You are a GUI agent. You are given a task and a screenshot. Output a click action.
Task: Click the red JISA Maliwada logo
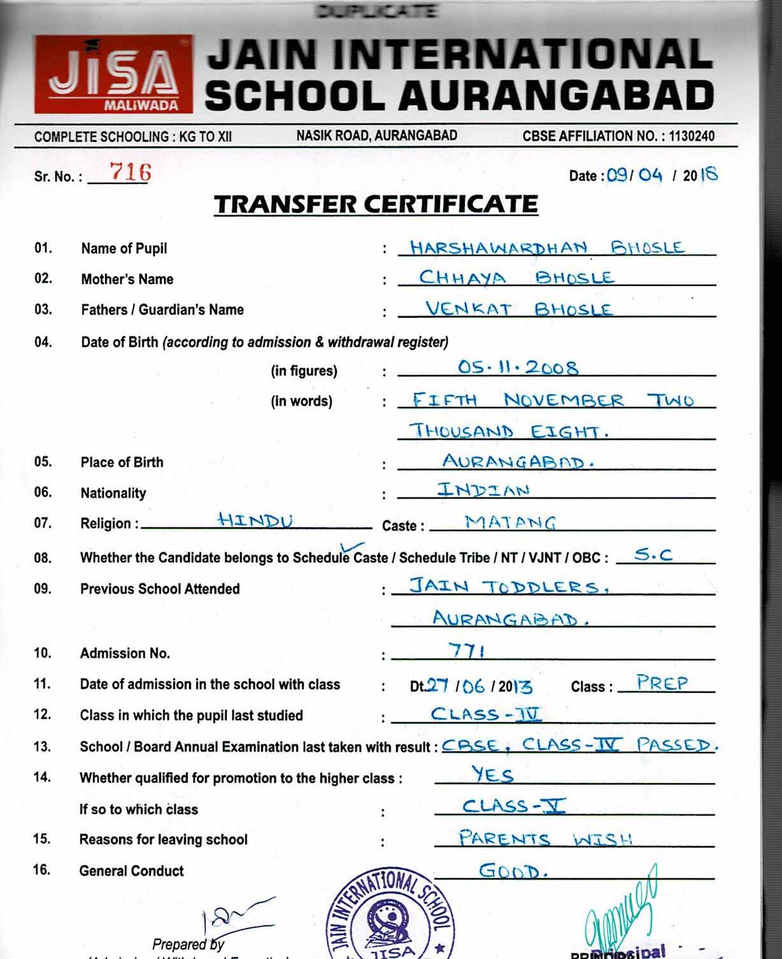113,74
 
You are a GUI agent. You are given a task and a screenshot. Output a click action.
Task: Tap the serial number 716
130,172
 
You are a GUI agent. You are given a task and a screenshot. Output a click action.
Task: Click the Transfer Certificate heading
376,204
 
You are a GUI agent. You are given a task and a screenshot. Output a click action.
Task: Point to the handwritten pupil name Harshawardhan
498,248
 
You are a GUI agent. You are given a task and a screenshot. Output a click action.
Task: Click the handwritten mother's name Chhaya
462,278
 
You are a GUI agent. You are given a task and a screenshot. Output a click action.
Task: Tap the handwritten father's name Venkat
468,309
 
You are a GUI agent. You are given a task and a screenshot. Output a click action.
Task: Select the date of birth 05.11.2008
518,367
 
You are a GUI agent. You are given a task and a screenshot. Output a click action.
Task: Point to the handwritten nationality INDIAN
483,490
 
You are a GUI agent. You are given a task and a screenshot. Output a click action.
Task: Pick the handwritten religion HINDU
255,520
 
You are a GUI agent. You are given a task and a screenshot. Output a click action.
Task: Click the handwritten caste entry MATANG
510,523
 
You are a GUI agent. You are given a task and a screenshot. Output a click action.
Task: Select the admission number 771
467,650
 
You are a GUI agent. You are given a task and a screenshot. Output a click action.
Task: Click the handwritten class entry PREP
662,683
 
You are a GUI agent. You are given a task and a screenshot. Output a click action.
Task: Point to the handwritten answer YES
492,774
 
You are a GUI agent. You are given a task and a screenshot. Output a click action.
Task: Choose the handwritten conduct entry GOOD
513,870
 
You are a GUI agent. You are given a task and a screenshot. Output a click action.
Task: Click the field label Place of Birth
122,462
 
